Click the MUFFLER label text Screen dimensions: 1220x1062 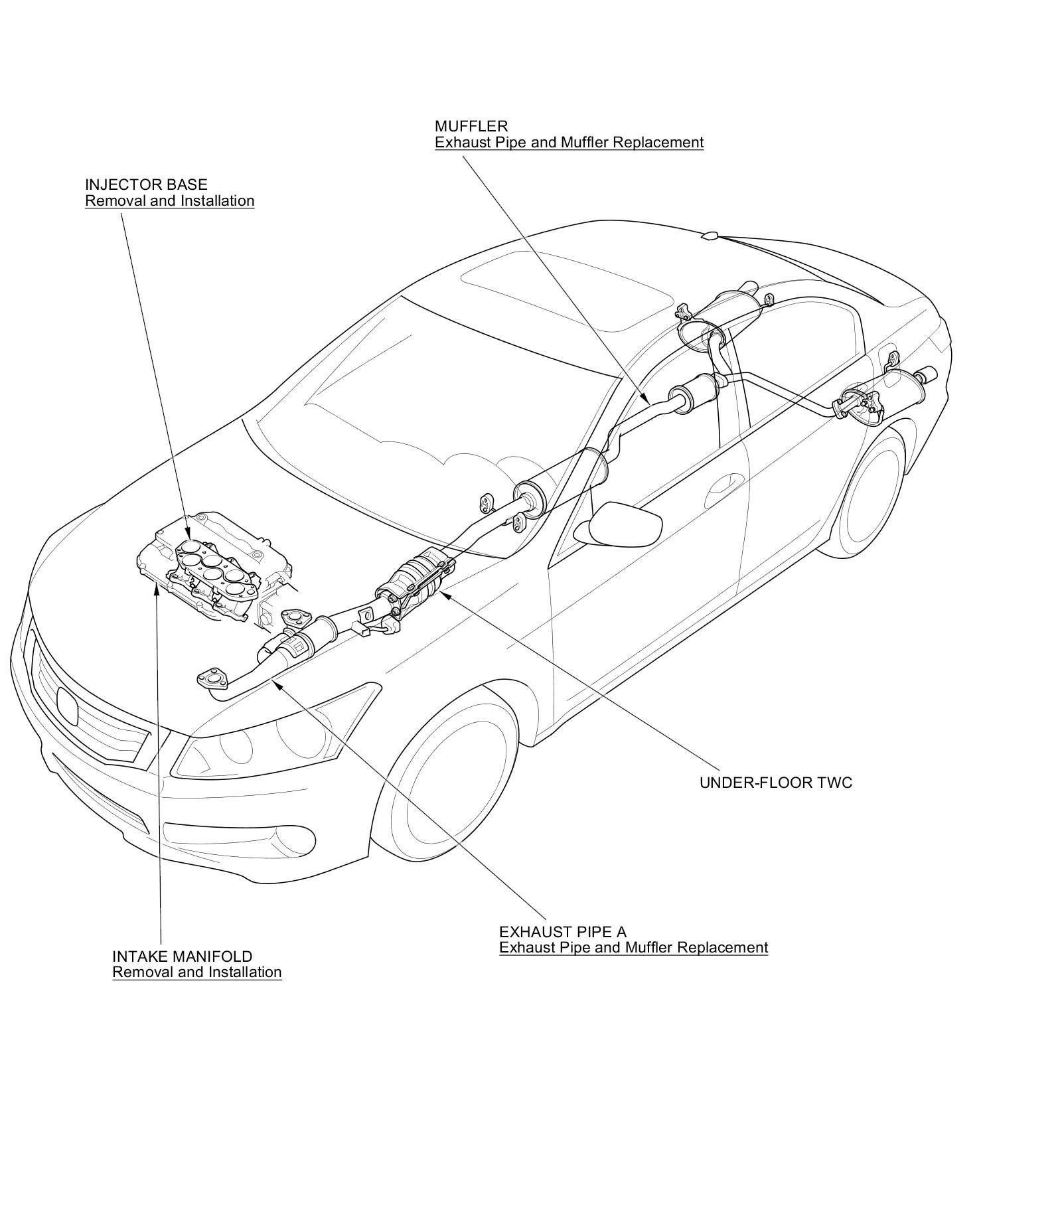coord(471,126)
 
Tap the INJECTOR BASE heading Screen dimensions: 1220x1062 coord(146,185)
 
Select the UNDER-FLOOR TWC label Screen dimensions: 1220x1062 coord(775,783)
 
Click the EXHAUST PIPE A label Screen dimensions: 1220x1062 coord(562,932)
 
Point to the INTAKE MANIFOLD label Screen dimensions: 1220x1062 coord(183,956)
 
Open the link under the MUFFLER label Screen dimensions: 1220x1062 coord(569,142)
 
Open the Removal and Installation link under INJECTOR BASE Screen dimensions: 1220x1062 coord(169,200)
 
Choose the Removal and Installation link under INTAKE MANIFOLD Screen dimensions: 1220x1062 coord(197,972)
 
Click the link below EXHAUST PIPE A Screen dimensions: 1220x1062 coord(633,947)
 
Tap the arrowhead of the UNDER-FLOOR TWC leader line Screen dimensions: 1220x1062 coord(443,593)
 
